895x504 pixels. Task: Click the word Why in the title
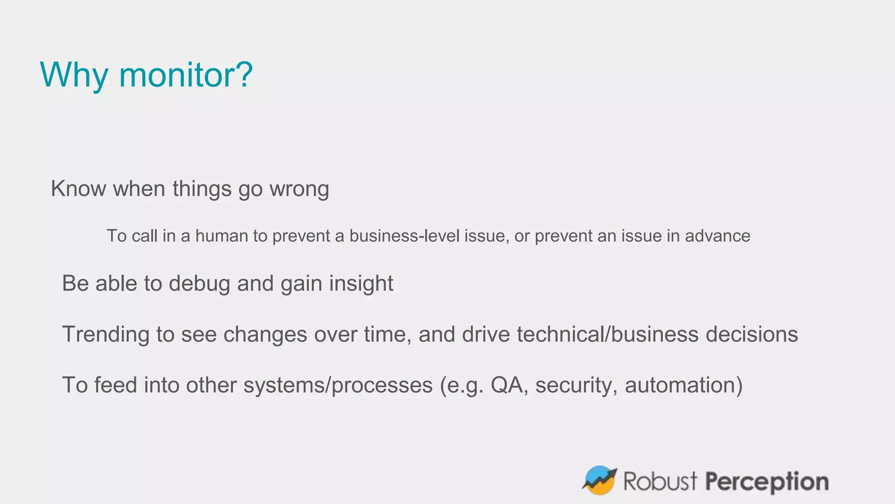click(73, 75)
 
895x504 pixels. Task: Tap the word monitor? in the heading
click(186, 75)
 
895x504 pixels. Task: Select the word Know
click(79, 189)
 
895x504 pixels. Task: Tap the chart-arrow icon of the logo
click(599, 480)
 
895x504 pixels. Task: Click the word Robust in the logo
click(660, 481)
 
